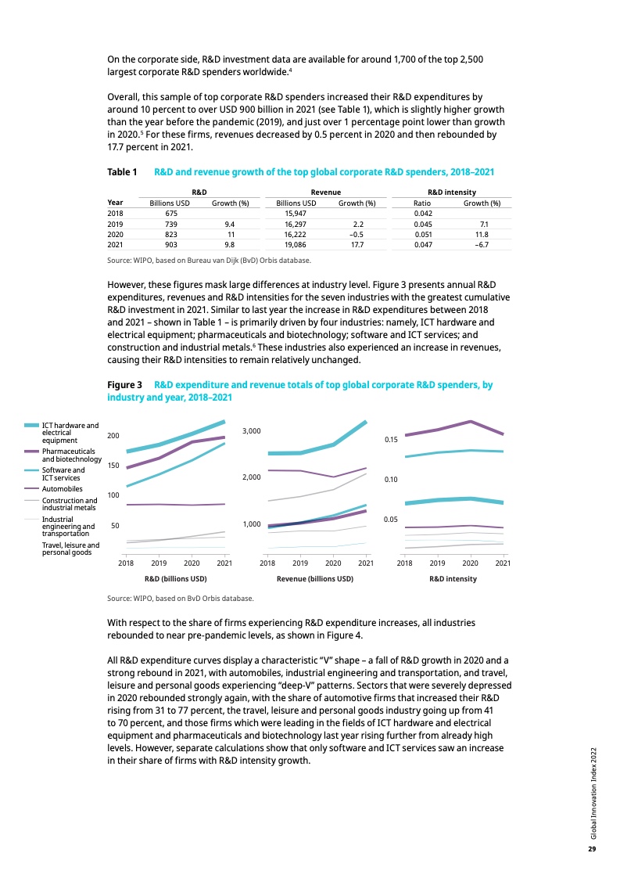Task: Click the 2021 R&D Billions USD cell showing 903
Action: (x=170, y=243)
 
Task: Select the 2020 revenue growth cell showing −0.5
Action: (x=354, y=233)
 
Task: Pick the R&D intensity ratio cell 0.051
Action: (x=422, y=233)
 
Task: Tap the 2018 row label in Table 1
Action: (x=115, y=213)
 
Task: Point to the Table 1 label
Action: (x=122, y=171)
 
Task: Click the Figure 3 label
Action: (x=124, y=385)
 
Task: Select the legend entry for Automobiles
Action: (x=62, y=489)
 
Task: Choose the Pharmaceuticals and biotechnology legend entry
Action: (x=70, y=455)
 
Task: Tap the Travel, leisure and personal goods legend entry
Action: (x=70, y=549)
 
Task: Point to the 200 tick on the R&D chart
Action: (x=113, y=435)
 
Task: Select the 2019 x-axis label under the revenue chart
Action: (x=300, y=563)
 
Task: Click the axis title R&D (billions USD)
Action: (x=175, y=579)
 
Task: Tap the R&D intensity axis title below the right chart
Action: (x=453, y=579)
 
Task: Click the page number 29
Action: (x=592, y=849)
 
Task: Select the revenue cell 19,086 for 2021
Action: (x=295, y=243)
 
